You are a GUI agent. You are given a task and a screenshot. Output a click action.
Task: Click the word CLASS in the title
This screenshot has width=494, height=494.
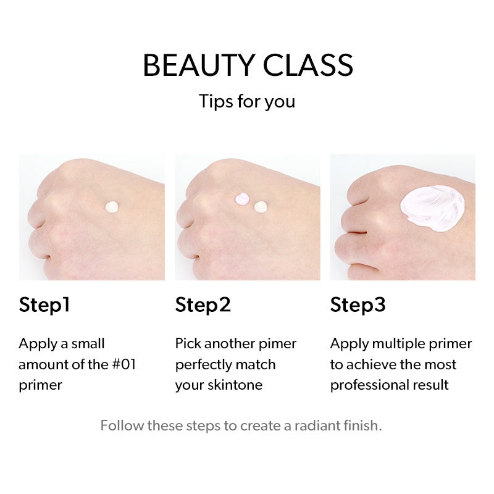(308, 65)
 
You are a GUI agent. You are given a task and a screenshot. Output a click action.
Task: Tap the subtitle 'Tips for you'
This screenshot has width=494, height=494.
(247, 102)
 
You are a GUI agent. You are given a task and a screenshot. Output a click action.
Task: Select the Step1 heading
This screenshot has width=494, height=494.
(44, 305)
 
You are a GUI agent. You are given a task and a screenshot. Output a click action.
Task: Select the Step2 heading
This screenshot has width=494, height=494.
(203, 305)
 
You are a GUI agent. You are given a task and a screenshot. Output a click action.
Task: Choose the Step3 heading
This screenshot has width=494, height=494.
(358, 305)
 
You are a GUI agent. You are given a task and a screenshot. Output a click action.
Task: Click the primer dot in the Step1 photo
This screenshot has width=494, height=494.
(112, 207)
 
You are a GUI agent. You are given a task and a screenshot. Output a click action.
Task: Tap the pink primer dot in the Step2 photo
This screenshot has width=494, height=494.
(242, 199)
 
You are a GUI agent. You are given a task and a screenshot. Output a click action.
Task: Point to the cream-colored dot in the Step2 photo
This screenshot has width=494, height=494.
(261, 207)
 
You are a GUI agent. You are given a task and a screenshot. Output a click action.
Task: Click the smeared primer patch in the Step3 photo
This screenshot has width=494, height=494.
(432, 208)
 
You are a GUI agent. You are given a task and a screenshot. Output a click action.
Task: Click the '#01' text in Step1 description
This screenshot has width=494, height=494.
(124, 364)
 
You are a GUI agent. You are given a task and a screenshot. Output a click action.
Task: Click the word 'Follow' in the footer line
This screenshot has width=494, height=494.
(122, 425)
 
